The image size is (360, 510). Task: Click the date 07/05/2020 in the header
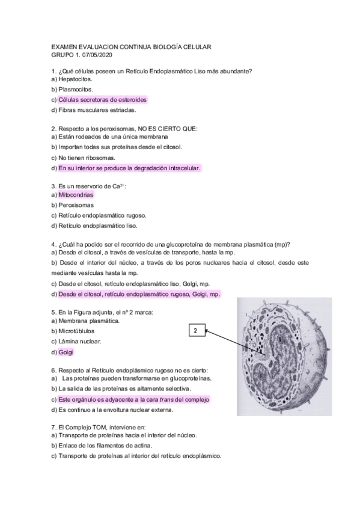tap(97, 55)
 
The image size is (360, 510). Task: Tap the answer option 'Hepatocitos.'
tap(75, 79)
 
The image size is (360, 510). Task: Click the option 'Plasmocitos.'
tap(75, 89)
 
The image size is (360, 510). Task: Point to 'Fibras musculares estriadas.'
tap(97, 110)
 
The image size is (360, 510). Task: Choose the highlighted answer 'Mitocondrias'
tap(76, 195)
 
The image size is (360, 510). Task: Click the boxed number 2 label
tap(196, 330)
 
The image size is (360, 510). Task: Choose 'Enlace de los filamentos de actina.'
tap(105, 446)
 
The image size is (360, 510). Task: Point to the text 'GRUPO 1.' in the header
tap(64, 55)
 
